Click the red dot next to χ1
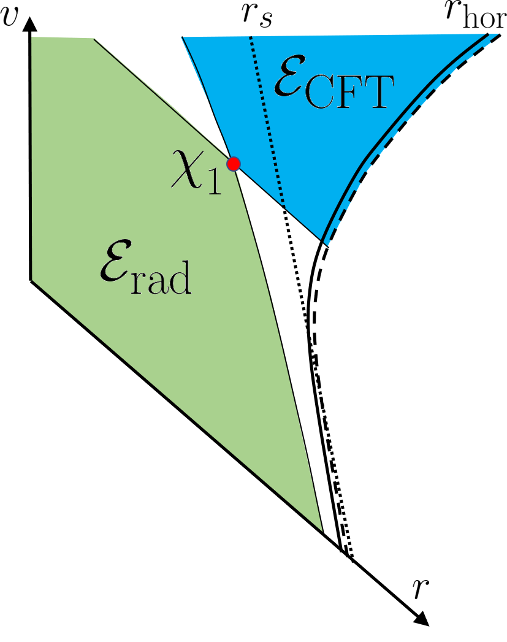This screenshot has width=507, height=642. [234, 164]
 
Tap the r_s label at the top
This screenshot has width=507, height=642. [256, 15]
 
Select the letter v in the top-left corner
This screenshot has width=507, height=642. [9, 16]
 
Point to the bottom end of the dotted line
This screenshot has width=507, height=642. [284, 204]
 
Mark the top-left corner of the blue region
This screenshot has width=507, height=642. [182, 37]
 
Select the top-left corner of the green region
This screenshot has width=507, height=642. [32, 37]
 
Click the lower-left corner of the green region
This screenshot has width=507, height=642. [32, 280]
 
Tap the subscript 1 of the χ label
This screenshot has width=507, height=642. [213, 183]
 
